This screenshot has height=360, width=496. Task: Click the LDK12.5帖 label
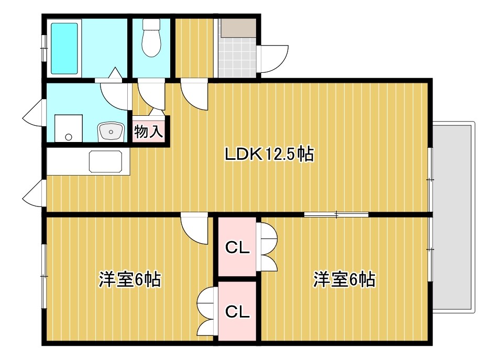[x=269, y=154]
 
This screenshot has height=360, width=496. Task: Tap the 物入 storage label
[x=149, y=131]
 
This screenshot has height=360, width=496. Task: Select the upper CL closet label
[x=237, y=247]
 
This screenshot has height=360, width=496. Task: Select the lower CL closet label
[x=237, y=312]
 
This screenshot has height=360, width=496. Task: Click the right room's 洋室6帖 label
[x=344, y=279]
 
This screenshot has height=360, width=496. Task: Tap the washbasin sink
[x=110, y=131]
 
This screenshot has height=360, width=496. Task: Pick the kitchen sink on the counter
[x=108, y=161]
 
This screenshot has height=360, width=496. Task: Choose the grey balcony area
[x=454, y=217]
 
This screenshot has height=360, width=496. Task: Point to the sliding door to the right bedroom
[x=336, y=214]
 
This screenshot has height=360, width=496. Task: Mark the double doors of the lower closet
[x=206, y=312]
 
